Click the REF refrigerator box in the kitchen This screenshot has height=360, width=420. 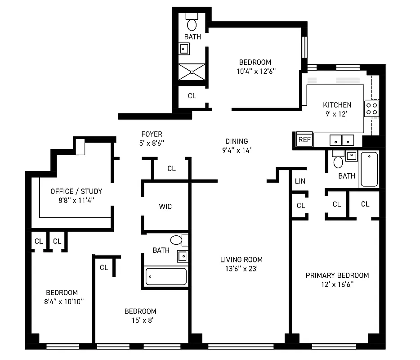(304, 139)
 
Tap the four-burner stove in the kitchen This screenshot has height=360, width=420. (371, 108)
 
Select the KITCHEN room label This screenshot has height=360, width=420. (337, 105)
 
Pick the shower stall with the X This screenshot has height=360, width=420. (192, 72)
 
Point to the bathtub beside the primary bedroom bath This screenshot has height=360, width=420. (369, 169)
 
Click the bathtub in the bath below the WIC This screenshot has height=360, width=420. (165, 276)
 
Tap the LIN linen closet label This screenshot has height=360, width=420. (300, 181)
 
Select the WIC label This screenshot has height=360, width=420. (165, 207)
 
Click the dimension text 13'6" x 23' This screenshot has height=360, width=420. (241, 269)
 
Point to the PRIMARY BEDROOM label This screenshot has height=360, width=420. (337, 275)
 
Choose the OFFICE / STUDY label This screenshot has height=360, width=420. (76, 191)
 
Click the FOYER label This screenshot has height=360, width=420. (152, 134)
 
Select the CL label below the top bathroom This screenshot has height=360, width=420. (192, 96)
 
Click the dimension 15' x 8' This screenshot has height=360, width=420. (140, 320)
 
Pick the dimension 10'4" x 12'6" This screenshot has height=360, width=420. (255, 71)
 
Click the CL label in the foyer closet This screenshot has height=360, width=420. (171, 169)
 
